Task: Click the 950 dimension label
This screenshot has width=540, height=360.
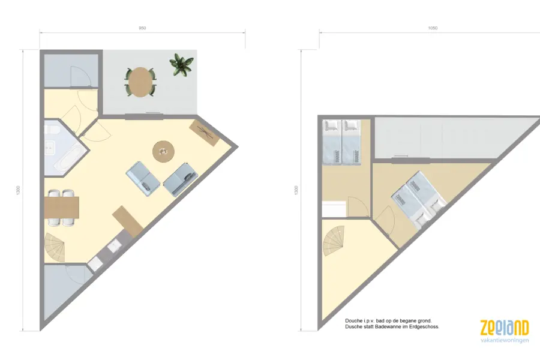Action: [x=142, y=28]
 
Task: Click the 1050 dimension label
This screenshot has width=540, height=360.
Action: [x=433, y=28]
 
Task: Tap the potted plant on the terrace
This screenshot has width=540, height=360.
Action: [x=181, y=64]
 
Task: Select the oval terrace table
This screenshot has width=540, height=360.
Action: [x=140, y=82]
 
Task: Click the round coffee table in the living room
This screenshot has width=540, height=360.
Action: [x=163, y=151]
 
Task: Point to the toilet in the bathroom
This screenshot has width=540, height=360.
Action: [x=52, y=130]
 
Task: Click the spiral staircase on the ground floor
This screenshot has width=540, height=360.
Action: [x=55, y=247]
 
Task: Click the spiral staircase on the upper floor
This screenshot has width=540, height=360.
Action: [x=333, y=241]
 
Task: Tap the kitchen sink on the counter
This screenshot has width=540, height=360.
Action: [x=114, y=246]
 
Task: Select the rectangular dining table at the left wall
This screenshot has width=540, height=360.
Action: [x=62, y=208]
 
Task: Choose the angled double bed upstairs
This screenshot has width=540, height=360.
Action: [x=419, y=200]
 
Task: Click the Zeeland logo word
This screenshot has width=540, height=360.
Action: [x=504, y=328]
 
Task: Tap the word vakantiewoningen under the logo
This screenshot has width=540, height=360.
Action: [x=505, y=340]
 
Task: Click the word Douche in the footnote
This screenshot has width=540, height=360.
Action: [x=353, y=321]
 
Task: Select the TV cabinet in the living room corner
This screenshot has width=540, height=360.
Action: [x=205, y=133]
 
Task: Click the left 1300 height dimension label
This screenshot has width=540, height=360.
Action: [x=18, y=190]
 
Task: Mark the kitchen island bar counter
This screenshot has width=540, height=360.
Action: [x=127, y=221]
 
